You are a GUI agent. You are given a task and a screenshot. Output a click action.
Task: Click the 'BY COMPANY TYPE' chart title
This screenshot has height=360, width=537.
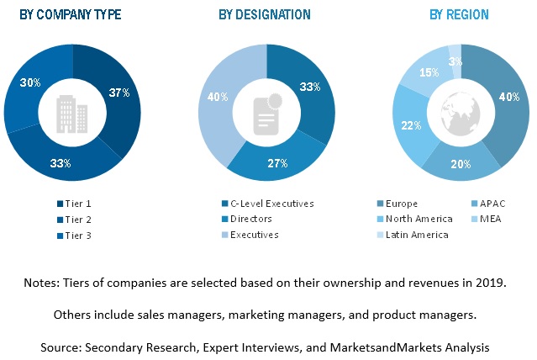[x=71, y=14]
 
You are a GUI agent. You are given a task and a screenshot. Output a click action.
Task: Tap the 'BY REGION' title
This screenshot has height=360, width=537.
[x=459, y=14]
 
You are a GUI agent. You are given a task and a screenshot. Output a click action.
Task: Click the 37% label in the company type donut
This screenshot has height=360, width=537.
[x=118, y=93]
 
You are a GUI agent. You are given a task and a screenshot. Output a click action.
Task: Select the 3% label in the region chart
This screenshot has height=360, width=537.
[x=455, y=61]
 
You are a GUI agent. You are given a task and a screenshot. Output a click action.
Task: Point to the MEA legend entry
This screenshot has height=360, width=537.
[x=491, y=220]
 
